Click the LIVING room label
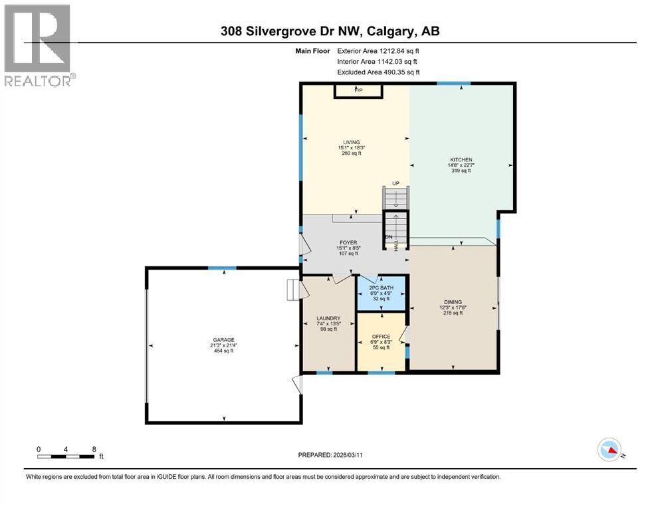351,142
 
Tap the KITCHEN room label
461,160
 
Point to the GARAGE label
223,340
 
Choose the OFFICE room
382,337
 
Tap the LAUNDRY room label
329,318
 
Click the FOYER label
347,243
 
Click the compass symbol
610,450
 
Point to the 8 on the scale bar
93,449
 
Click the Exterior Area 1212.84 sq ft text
378,50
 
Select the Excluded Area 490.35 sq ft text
378,72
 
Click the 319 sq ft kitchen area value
461,171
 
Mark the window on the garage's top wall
221,268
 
